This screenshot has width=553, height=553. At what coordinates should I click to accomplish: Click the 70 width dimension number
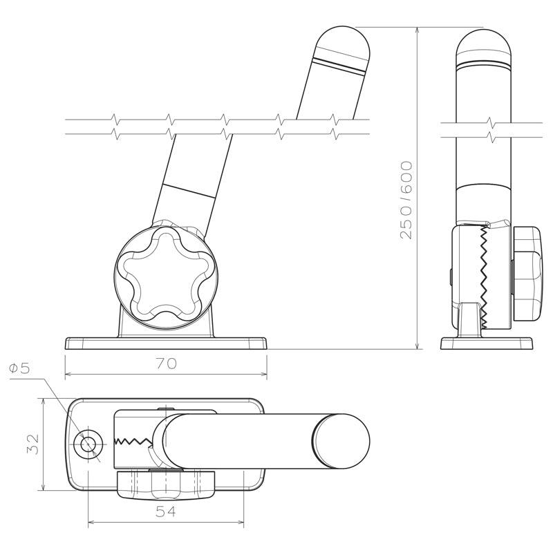pos(166,364)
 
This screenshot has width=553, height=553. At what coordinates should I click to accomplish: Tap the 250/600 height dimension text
pos(406,200)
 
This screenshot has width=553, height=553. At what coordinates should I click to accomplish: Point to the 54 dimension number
pos(166,512)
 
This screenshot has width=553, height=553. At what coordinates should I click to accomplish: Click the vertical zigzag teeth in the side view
pos(484,276)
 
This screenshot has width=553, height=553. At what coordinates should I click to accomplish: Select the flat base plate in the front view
pos(166,343)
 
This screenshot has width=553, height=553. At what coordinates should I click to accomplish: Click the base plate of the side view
pos(487,344)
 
